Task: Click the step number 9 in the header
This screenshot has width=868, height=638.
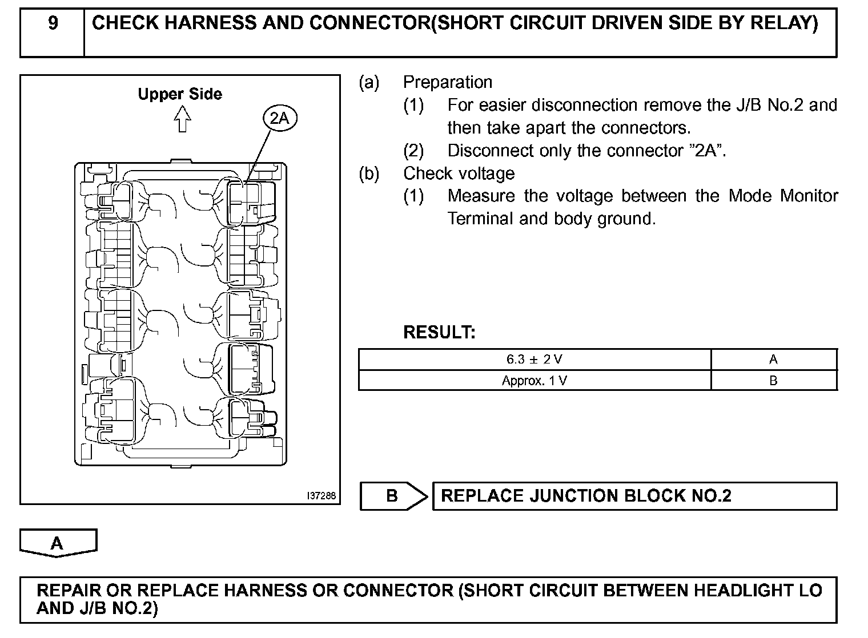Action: pos(53,23)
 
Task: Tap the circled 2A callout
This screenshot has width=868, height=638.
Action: pos(280,118)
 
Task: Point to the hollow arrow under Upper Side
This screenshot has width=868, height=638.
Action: pos(182,120)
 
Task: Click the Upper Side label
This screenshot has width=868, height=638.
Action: pos(180,94)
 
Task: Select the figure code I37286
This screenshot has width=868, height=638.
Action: pos(322,496)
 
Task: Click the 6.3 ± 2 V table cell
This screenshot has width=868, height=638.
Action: pos(535,360)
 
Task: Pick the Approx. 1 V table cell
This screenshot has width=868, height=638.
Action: pos(535,381)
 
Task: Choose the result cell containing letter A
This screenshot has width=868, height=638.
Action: pos(773,360)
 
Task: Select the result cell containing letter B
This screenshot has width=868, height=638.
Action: pos(773,381)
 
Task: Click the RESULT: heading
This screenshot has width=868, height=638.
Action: pos(439,332)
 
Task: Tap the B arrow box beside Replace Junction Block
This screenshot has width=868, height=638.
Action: pos(393,496)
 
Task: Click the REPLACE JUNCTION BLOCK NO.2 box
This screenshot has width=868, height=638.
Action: pos(634,496)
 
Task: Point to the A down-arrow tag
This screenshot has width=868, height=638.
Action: pos(58,542)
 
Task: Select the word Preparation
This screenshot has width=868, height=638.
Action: pos(448,82)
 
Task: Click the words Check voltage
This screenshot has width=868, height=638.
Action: pos(459,173)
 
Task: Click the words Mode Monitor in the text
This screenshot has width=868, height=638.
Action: pos(783,196)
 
